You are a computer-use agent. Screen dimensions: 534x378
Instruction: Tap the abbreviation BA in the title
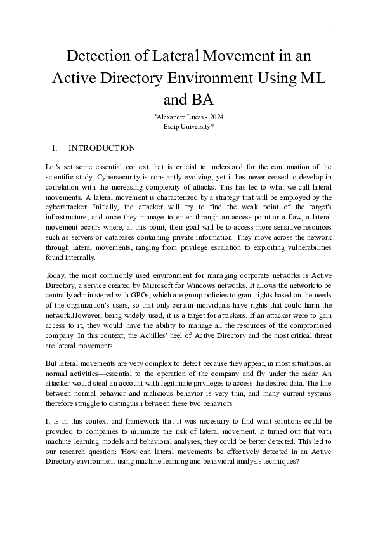(x=200, y=100)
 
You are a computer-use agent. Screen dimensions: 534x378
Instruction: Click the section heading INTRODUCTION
(x=101, y=148)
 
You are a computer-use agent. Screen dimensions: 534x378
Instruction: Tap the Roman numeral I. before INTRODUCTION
(x=55, y=148)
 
